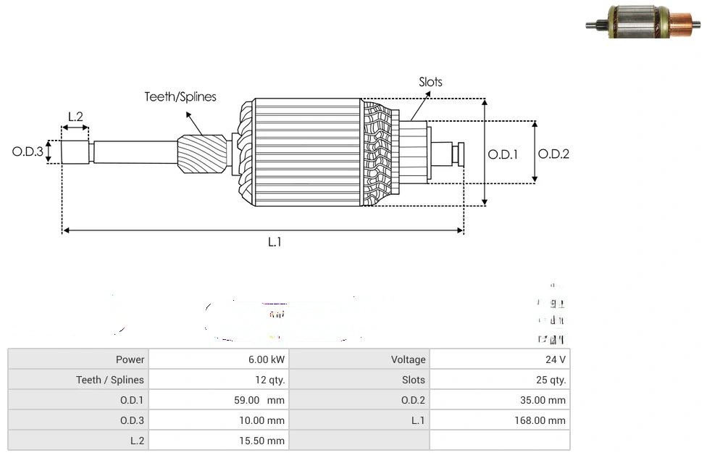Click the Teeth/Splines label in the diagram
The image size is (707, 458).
(x=180, y=96)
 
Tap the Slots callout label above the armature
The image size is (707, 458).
(x=430, y=82)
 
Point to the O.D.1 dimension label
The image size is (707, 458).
(x=503, y=154)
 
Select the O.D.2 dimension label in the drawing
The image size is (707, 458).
(x=554, y=154)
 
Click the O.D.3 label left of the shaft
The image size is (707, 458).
(x=28, y=152)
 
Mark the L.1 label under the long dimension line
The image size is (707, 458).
(x=275, y=242)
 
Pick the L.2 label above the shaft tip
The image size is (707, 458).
(x=75, y=117)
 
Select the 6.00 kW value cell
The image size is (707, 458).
(x=218, y=359)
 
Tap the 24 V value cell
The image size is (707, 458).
(x=499, y=359)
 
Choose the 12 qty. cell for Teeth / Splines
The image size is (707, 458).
(x=218, y=380)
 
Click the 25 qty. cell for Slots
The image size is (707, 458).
(x=499, y=380)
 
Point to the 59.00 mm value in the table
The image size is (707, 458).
(x=218, y=400)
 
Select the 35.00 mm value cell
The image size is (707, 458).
(x=499, y=400)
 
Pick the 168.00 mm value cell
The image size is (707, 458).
(x=499, y=420)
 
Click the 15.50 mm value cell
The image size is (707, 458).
(x=218, y=441)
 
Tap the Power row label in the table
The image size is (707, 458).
(x=78, y=359)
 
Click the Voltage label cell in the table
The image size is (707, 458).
(x=359, y=359)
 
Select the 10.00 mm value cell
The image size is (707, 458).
(x=218, y=420)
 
